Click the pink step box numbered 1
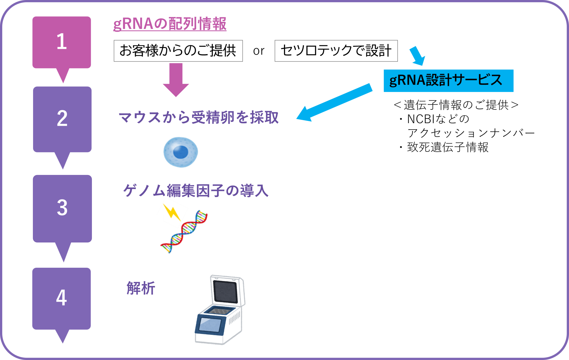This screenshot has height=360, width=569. click(x=62, y=42)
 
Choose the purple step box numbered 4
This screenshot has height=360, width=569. click(x=62, y=298)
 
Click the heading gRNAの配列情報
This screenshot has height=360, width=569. click(x=170, y=24)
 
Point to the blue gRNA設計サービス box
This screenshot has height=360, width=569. click(x=448, y=81)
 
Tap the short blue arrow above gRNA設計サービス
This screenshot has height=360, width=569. click(x=418, y=56)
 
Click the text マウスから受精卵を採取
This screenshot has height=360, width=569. click(x=198, y=117)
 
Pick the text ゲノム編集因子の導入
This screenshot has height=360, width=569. click(x=196, y=191)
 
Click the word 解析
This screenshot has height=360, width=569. click(x=141, y=288)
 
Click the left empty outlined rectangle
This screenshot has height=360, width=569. click(x=178, y=51)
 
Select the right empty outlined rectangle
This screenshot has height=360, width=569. click(x=336, y=51)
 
